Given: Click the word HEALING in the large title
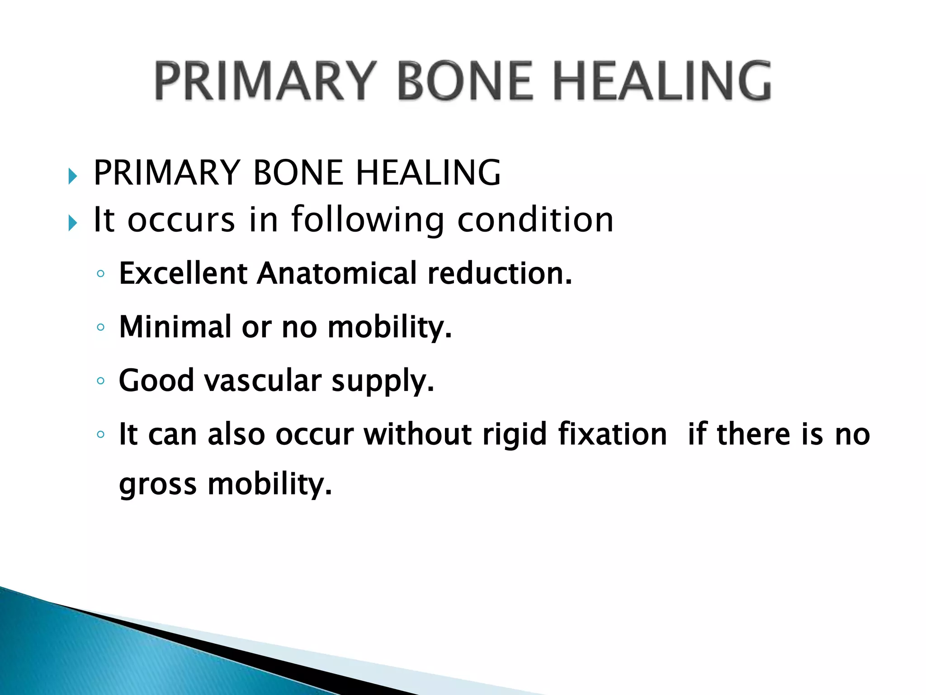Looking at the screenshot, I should [x=662, y=81].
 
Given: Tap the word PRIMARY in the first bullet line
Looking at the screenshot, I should [x=166, y=173].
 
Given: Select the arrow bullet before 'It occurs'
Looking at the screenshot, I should [x=72, y=223].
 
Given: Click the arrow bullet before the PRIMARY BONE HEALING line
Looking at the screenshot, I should [x=72, y=176].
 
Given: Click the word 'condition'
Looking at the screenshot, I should [x=535, y=220].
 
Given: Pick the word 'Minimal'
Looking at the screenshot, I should [x=175, y=327].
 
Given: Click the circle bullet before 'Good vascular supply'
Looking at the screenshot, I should [x=100, y=381].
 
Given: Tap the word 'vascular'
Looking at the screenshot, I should [x=263, y=381].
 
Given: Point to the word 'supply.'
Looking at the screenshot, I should [x=383, y=381].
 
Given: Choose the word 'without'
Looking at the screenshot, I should [x=418, y=434].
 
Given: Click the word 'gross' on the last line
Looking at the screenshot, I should [x=158, y=485].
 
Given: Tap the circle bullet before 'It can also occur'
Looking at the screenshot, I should [x=100, y=435].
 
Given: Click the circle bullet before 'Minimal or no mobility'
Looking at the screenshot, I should [x=100, y=327].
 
